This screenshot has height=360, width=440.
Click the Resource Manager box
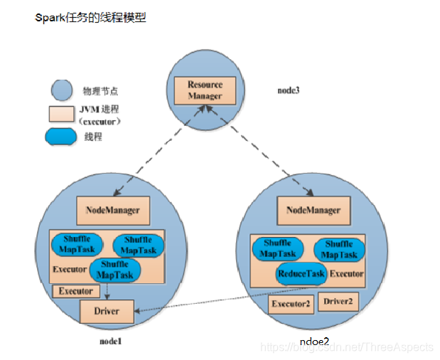(205, 90)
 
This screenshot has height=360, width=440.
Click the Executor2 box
(290, 305)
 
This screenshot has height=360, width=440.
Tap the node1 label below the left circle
(111, 342)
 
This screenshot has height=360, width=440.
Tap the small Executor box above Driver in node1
(75, 291)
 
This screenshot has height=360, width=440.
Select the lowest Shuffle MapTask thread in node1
(116, 270)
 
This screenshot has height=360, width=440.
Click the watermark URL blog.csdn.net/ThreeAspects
(346, 347)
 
